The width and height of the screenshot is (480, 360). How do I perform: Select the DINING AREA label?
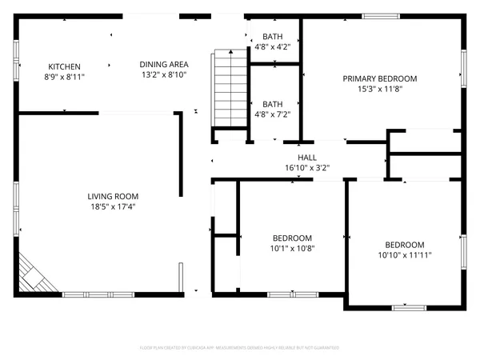point(164,65)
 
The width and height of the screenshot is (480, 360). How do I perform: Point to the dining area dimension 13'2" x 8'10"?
point(164,75)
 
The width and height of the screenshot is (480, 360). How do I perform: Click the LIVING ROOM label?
point(114,196)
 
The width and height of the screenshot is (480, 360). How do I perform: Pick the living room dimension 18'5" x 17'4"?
point(114,206)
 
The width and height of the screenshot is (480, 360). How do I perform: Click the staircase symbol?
point(229,88)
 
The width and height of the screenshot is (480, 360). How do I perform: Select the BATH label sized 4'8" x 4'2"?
point(273,38)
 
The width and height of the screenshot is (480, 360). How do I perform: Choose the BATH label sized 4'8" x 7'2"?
point(273,104)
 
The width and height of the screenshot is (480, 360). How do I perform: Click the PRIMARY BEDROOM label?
point(380,78)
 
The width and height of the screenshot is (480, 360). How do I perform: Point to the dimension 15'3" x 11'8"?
point(380,89)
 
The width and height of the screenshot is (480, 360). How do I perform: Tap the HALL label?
point(307,158)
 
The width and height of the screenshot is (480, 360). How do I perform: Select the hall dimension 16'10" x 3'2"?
point(307,168)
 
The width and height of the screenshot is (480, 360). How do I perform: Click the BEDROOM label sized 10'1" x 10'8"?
point(292,238)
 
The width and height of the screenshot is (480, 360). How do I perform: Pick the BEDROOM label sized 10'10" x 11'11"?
point(405,245)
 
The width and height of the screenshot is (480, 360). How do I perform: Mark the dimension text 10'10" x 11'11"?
point(405,255)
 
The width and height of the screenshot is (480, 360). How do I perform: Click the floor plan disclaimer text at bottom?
point(240,348)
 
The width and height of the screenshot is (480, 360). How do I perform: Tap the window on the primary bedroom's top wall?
point(377,15)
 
